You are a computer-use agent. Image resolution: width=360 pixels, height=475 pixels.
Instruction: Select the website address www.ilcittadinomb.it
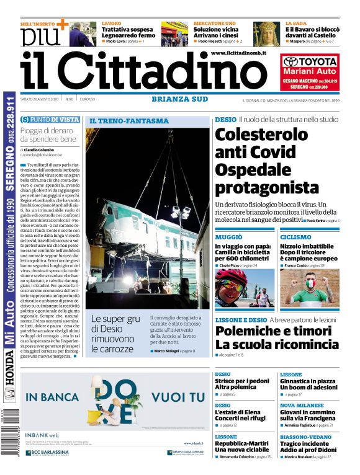[238, 55]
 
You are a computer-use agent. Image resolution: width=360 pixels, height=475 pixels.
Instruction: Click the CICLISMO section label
[295, 237]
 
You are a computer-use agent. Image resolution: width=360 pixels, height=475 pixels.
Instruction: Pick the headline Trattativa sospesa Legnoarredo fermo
[128, 32]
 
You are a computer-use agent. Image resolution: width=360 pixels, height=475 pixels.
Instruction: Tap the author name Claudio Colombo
[38, 150]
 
